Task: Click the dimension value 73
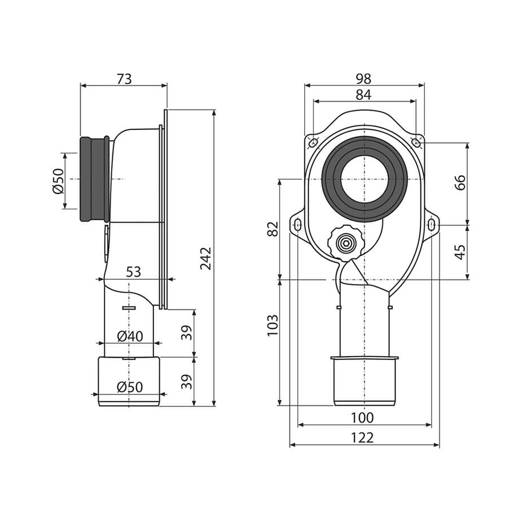pyautogui.click(x=124, y=79)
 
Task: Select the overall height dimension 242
pyautogui.click(x=206, y=258)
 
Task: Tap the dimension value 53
pyautogui.click(x=134, y=272)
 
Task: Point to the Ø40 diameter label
pyautogui.click(x=130, y=336)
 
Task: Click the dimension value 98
pyautogui.click(x=363, y=79)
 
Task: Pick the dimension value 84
pyautogui.click(x=363, y=95)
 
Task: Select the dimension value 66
pyautogui.click(x=460, y=182)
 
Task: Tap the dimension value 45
pyautogui.click(x=460, y=252)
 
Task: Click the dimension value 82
pyautogui.click(x=273, y=229)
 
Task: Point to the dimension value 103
pyautogui.click(x=273, y=325)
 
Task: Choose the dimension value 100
pyautogui.click(x=362, y=418)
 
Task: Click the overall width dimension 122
pyautogui.click(x=362, y=438)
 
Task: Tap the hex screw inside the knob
pyautogui.click(x=346, y=244)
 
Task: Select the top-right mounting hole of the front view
pyautogui.click(x=416, y=143)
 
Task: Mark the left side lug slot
pyautogui.click(x=298, y=225)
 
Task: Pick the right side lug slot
pyautogui.click(x=432, y=225)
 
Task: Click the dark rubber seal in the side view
pyautogui.click(x=95, y=179)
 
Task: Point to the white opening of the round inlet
pyautogui.click(x=365, y=179)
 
